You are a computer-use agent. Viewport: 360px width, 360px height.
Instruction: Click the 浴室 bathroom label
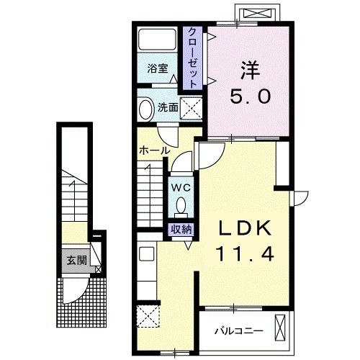click(158, 69)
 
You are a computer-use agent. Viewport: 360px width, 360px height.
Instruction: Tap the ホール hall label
click(154, 151)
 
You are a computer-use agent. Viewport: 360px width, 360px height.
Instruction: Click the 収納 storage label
click(181, 230)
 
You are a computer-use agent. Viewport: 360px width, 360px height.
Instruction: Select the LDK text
click(245, 229)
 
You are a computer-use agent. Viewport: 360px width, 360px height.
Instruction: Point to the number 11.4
click(245, 253)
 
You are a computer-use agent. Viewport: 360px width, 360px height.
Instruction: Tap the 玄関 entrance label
click(77, 261)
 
